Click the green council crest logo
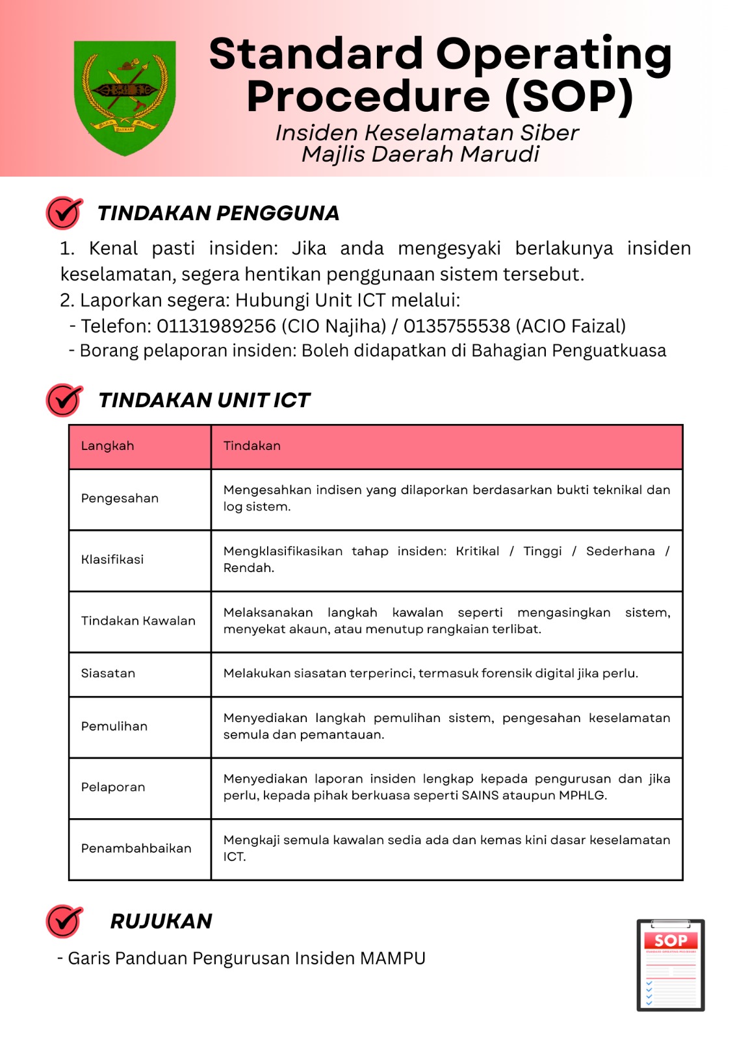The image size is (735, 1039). [x=125, y=97]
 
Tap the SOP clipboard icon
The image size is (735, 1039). [x=671, y=965]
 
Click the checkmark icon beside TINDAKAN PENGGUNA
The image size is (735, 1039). [x=64, y=213]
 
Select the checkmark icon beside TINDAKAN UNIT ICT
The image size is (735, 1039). [x=64, y=400]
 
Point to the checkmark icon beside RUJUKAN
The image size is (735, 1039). [x=64, y=921]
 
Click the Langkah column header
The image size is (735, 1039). [x=108, y=446]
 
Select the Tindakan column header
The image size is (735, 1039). [x=252, y=446]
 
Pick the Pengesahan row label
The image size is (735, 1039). [x=120, y=499]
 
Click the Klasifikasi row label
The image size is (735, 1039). [x=112, y=560]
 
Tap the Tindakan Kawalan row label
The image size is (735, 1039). [x=138, y=621]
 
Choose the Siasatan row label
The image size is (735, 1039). [x=108, y=673]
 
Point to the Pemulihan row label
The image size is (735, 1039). [x=114, y=727]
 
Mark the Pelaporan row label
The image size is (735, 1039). [x=113, y=788]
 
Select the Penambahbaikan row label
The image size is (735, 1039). [x=136, y=849]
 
